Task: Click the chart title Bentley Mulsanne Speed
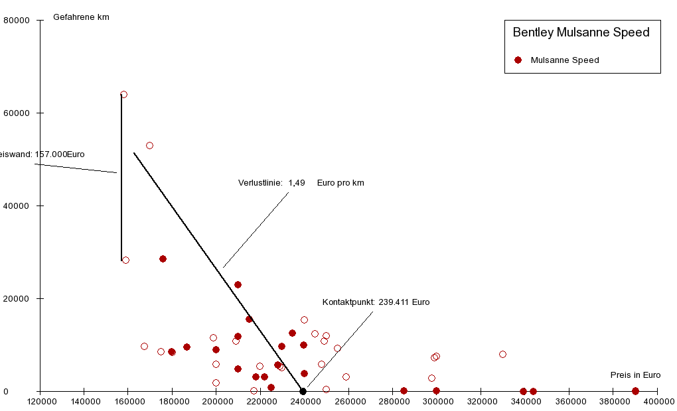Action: (x=581, y=32)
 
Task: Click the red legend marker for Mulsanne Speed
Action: (x=518, y=60)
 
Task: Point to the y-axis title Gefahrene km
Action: (x=81, y=17)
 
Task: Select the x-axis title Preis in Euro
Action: (x=635, y=375)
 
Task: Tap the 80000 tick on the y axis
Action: (x=17, y=21)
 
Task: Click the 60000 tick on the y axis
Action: (x=17, y=113)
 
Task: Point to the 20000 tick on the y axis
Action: (x=17, y=299)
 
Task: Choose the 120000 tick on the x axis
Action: (x=40, y=401)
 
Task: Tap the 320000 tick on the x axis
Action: (x=481, y=401)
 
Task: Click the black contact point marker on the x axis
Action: (x=303, y=391)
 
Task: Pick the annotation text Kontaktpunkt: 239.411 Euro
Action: (x=376, y=302)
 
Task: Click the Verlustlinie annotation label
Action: (x=301, y=183)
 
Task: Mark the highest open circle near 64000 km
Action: (x=123, y=95)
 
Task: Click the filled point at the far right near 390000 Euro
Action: (x=635, y=391)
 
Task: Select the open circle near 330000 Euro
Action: (x=502, y=355)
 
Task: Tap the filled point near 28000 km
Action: (x=163, y=259)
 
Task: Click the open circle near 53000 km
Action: (x=149, y=146)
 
